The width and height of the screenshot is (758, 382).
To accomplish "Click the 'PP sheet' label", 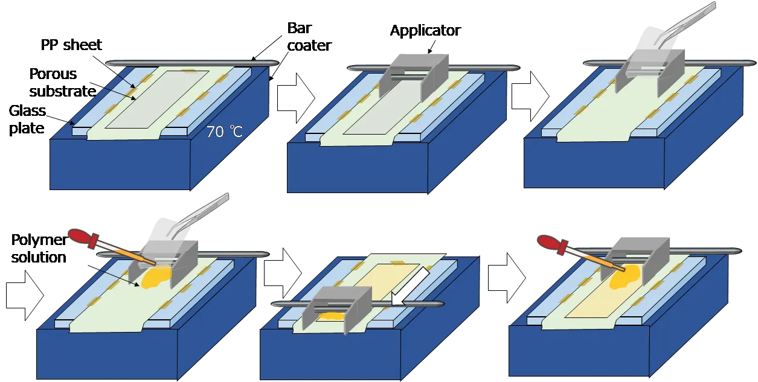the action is click(71, 45).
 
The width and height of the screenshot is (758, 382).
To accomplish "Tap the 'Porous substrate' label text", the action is click(63, 83).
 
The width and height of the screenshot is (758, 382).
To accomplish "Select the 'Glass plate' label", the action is click(27, 119).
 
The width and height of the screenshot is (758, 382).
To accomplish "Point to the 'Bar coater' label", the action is click(309, 36).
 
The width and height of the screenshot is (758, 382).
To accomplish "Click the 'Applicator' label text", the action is click(425, 31).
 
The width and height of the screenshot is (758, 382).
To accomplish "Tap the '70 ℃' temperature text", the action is click(224, 132).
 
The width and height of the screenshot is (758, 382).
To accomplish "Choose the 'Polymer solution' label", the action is click(39, 249).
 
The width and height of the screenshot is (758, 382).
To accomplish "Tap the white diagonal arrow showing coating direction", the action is click(410, 285).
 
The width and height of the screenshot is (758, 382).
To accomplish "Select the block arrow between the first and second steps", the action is click(296, 98).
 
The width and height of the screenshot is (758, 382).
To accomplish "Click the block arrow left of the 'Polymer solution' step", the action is click(25, 295).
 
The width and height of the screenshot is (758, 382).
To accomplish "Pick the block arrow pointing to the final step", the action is click(507, 278).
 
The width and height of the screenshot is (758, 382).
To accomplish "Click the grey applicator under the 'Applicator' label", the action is click(414, 77).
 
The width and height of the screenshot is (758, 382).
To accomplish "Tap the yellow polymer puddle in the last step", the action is click(625, 277).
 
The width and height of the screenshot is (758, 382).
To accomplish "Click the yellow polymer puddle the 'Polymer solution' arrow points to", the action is click(155, 277).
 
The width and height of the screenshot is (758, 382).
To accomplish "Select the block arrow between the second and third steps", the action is click(530, 97).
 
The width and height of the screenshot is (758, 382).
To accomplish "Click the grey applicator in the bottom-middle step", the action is click(336, 310).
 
